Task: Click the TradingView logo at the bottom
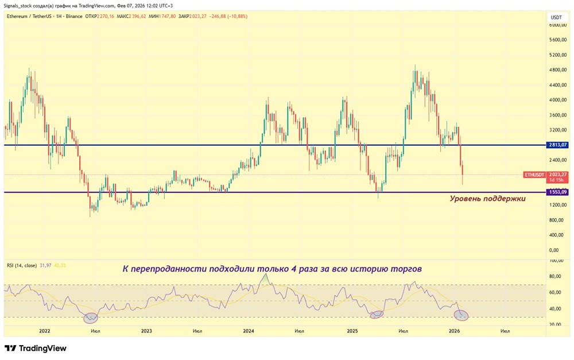pos(36,348)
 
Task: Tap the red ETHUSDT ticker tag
pos(533,174)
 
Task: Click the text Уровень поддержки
pos(487,199)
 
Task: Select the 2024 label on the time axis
pos(249,331)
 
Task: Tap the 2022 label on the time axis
pos(44,331)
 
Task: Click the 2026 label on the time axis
pos(454,331)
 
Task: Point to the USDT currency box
pos(556,17)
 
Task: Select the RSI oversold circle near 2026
pos(461,315)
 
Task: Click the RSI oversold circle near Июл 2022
pos(91,317)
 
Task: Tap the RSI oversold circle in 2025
pos(377,314)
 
